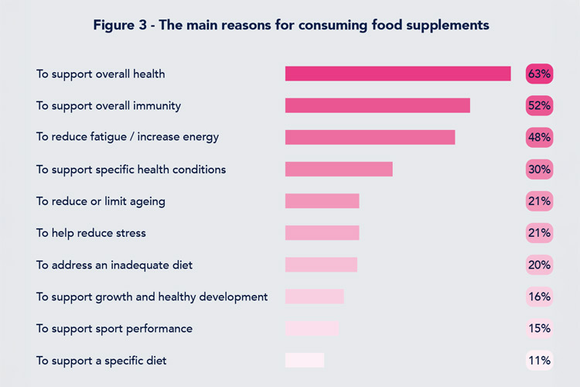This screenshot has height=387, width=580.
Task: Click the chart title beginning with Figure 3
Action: click(291, 26)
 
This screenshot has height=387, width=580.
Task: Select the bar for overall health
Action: click(397, 74)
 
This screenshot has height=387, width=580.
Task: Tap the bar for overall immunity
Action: click(377, 105)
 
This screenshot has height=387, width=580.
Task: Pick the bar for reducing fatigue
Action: click(370, 137)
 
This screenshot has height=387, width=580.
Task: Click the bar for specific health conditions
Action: click(339, 169)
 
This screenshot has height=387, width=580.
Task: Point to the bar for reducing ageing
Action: click(322, 201)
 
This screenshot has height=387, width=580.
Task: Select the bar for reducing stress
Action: click(322, 233)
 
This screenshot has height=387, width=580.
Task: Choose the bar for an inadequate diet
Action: click(321, 265)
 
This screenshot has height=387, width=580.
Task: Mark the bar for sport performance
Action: click(312, 328)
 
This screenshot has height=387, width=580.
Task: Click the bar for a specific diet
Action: click(305, 360)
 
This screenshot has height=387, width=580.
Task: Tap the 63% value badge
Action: click(539, 74)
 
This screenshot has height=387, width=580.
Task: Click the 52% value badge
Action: click(539, 105)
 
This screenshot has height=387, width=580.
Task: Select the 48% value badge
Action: click(539, 137)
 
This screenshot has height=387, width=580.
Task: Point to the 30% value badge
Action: click(539, 169)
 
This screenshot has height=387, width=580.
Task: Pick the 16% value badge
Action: click(539, 296)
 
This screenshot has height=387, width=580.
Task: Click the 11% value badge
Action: click(539, 360)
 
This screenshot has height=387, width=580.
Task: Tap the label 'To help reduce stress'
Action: click(91, 233)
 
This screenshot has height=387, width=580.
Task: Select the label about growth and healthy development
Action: click(152, 296)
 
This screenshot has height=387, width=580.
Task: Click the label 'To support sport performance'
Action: click(114, 328)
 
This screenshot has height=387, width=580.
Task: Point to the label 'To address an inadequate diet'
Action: click(114, 265)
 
